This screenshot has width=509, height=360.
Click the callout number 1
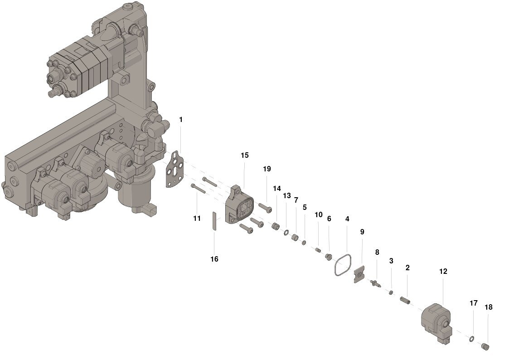coord(181,120)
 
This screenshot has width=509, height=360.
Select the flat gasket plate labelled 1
coord(175,169)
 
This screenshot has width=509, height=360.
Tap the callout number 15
coord(244,155)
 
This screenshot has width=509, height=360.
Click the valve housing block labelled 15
coord(241,205)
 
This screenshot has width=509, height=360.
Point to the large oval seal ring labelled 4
coord(343,265)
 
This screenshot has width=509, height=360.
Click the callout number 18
coord(488,307)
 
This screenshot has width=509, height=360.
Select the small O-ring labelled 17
coord(471,339)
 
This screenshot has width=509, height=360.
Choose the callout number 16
coord(214,259)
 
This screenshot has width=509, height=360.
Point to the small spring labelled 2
coord(405,300)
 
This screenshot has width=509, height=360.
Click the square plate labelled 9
coord(359,274)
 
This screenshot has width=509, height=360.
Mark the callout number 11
coord(197,219)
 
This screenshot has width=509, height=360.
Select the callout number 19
coord(267,169)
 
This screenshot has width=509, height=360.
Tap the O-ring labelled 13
coord(286,232)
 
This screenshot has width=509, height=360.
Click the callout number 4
coord(347,219)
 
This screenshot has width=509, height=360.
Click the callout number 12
coord(443,272)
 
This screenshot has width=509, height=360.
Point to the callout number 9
coord(362,232)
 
